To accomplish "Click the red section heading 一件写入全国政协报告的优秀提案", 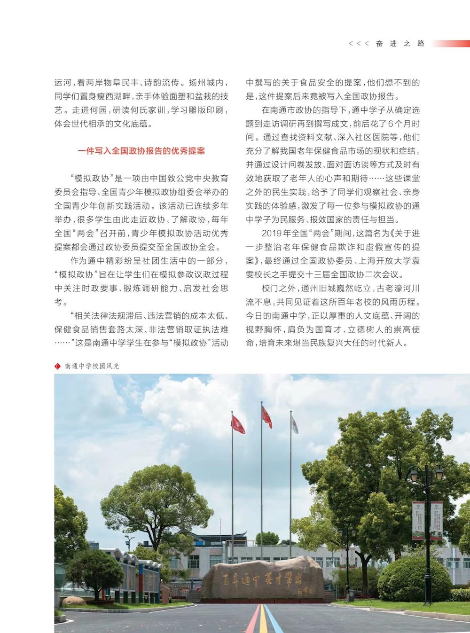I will pyautogui.click(x=141, y=151).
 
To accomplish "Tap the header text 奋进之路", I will pyautogui.click(x=400, y=43).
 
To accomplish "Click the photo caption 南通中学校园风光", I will pyautogui.click(x=92, y=366).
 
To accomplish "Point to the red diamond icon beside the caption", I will pyautogui.click(x=58, y=366).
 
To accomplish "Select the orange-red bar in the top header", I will pyautogui.click(x=451, y=43).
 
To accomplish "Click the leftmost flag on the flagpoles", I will pyautogui.click(x=238, y=424).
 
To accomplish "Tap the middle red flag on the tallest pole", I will pyautogui.click(x=266, y=417).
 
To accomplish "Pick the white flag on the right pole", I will pyautogui.click(x=294, y=425).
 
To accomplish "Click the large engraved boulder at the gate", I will pyautogui.click(x=262, y=578).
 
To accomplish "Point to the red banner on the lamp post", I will pyautogui.click(x=418, y=520).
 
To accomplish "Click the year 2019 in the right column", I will pyautogui.click(x=271, y=233).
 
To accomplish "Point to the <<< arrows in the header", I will pyautogui.click(x=358, y=43).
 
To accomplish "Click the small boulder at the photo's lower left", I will pyautogui.click(x=74, y=601).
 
